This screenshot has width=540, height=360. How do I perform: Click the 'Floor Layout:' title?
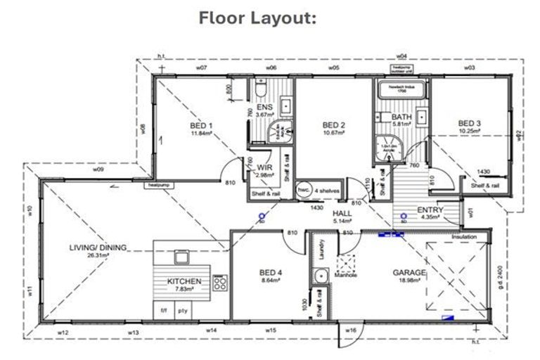tap(258, 18)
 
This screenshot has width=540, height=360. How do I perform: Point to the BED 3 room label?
tap(469, 121)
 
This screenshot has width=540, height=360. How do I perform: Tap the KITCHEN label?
tap(184, 281)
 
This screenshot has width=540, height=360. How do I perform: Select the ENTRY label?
tap(430, 210)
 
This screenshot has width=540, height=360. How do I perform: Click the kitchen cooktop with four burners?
tap(220, 283)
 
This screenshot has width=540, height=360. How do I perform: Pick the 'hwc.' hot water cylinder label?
tap(304, 189)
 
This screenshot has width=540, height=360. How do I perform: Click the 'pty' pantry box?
tap(183, 309)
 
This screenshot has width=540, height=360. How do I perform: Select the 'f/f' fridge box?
tap(164, 309)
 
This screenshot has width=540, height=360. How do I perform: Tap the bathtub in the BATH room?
tap(399, 91)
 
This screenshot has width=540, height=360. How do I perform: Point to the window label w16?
tap(352, 330)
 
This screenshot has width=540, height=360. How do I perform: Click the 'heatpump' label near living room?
tap(155, 186)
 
